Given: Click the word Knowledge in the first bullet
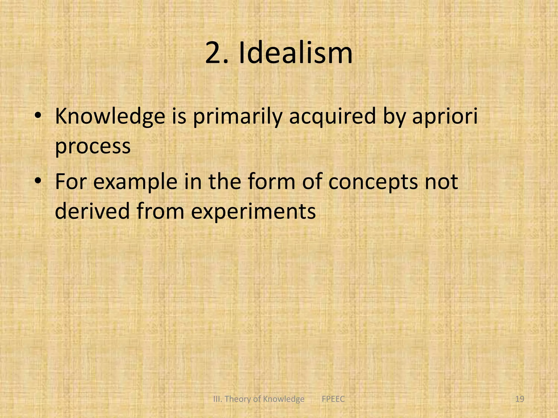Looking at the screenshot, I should [x=110, y=116].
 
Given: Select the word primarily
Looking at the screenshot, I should [x=237, y=116].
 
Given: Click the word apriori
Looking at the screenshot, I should [x=445, y=116].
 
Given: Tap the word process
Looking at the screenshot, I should [x=93, y=146].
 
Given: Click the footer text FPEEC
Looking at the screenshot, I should [x=333, y=399].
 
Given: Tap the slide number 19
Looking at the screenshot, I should [x=520, y=399].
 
